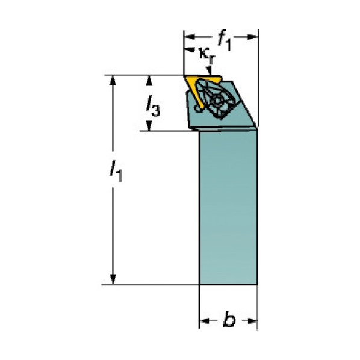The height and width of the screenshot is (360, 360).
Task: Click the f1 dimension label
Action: point(225,40)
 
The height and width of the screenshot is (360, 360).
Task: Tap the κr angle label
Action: point(207,56)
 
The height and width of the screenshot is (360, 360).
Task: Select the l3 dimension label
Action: point(153,107)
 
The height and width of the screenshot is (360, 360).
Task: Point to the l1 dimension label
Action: point(116,171)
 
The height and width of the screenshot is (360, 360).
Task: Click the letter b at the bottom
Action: point(229,320)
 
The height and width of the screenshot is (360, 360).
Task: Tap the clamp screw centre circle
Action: point(217,101)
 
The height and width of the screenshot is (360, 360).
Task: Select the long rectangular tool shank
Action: point(228,207)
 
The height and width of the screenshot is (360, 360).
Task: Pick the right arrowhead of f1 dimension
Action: point(253,37)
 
